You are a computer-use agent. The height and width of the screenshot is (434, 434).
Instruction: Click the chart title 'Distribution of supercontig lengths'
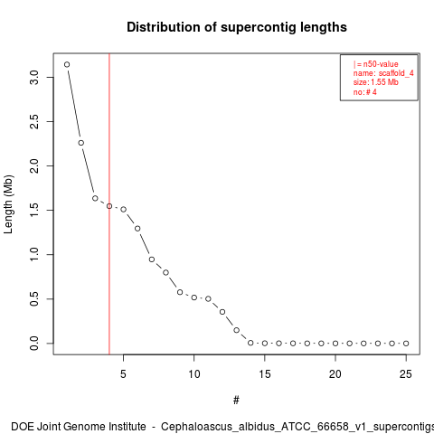(x=237, y=27)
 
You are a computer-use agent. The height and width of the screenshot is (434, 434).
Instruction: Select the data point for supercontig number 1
(x=67, y=64)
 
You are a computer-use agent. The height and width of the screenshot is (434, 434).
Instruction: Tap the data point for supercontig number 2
(x=81, y=143)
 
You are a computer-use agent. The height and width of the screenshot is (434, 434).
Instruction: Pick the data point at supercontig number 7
(x=152, y=259)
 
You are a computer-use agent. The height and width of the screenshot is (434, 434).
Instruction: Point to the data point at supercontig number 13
(x=236, y=330)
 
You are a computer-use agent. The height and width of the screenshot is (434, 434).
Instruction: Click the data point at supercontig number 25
(x=406, y=344)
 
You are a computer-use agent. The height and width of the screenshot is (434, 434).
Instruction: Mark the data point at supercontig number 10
(x=194, y=297)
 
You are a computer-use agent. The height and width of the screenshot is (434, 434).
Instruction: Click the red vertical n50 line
(x=109, y=203)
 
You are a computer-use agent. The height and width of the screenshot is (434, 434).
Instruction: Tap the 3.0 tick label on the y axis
(x=34, y=78)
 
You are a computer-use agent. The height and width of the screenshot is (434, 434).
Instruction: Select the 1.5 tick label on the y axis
(x=34, y=210)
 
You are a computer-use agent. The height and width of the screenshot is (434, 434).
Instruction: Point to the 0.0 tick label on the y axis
(x=34, y=344)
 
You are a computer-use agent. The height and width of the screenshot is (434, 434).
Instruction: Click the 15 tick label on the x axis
(x=265, y=374)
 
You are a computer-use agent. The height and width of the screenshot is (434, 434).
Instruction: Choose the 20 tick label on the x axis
(x=335, y=374)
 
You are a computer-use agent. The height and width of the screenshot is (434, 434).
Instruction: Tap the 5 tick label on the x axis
(x=123, y=374)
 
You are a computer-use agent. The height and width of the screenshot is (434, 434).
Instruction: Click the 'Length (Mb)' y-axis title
(x=8, y=204)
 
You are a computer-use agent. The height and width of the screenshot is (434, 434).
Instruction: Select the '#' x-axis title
(x=236, y=401)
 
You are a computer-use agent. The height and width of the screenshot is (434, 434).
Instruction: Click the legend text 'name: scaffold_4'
(x=383, y=73)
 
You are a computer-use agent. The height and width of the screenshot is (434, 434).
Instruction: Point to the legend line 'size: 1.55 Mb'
(x=376, y=82)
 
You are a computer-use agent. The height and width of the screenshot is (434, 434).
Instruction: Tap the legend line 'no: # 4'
(x=365, y=92)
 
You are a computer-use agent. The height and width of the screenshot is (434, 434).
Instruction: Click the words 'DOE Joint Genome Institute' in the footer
(x=79, y=427)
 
